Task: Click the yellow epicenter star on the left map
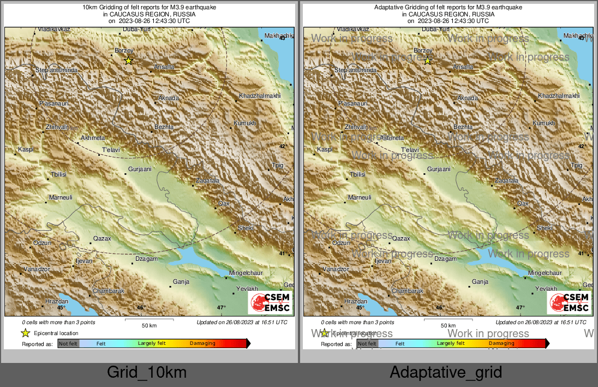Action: click(x=128, y=61)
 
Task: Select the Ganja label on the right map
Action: click(x=480, y=282)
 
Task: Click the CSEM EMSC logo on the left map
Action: click(x=270, y=303)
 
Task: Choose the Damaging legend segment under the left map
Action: click(x=202, y=344)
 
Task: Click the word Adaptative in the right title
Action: click(x=389, y=7)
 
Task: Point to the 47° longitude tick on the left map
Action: click(x=221, y=308)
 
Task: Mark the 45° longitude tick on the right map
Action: click(x=360, y=308)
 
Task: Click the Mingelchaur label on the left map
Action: click(x=246, y=273)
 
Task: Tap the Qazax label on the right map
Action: click(x=401, y=239)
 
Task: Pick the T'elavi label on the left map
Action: click(x=111, y=150)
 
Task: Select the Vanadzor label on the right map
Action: click(x=335, y=269)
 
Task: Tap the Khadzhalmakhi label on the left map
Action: click(x=260, y=96)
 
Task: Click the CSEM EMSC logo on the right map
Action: click(x=569, y=303)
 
